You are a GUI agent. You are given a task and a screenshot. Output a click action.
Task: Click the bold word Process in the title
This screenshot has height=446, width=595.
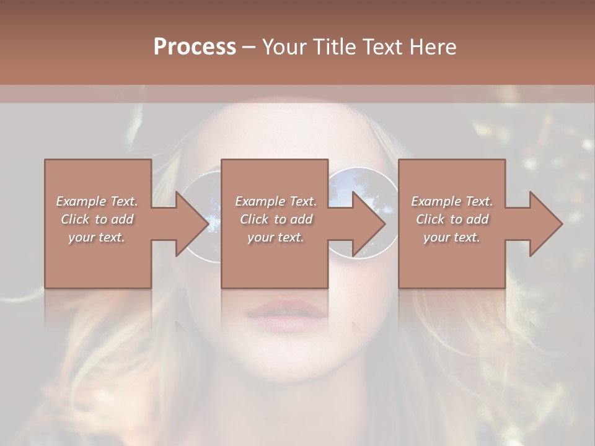pyautogui.click(x=195, y=46)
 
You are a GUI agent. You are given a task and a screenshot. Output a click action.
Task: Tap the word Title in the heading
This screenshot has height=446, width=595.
pyautogui.click(x=334, y=46)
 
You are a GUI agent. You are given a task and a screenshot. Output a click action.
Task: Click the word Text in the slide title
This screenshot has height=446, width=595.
pyautogui.click(x=381, y=46)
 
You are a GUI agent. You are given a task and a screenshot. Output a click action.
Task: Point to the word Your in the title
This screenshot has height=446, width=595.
pyautogui.click(x=286, y=46)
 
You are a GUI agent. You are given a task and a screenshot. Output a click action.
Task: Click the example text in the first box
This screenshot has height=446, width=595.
pyautogui.click(x=97, y=219)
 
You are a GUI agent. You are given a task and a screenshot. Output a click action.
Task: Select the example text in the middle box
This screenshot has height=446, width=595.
pyautogui.click(x=276, y=219)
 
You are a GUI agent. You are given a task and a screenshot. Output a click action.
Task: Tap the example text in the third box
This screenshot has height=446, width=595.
pyautogui.click(x=452, y=219)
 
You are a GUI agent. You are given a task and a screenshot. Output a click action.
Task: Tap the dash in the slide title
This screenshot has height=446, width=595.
pyautogui.click(x=249, y=47)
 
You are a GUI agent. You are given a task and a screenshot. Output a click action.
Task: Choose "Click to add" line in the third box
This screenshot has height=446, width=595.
pyautogui.click(x=452, y=219)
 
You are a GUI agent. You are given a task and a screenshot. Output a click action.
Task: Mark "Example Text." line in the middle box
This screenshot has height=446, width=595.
pyautogui.click(x=276, y=201)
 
